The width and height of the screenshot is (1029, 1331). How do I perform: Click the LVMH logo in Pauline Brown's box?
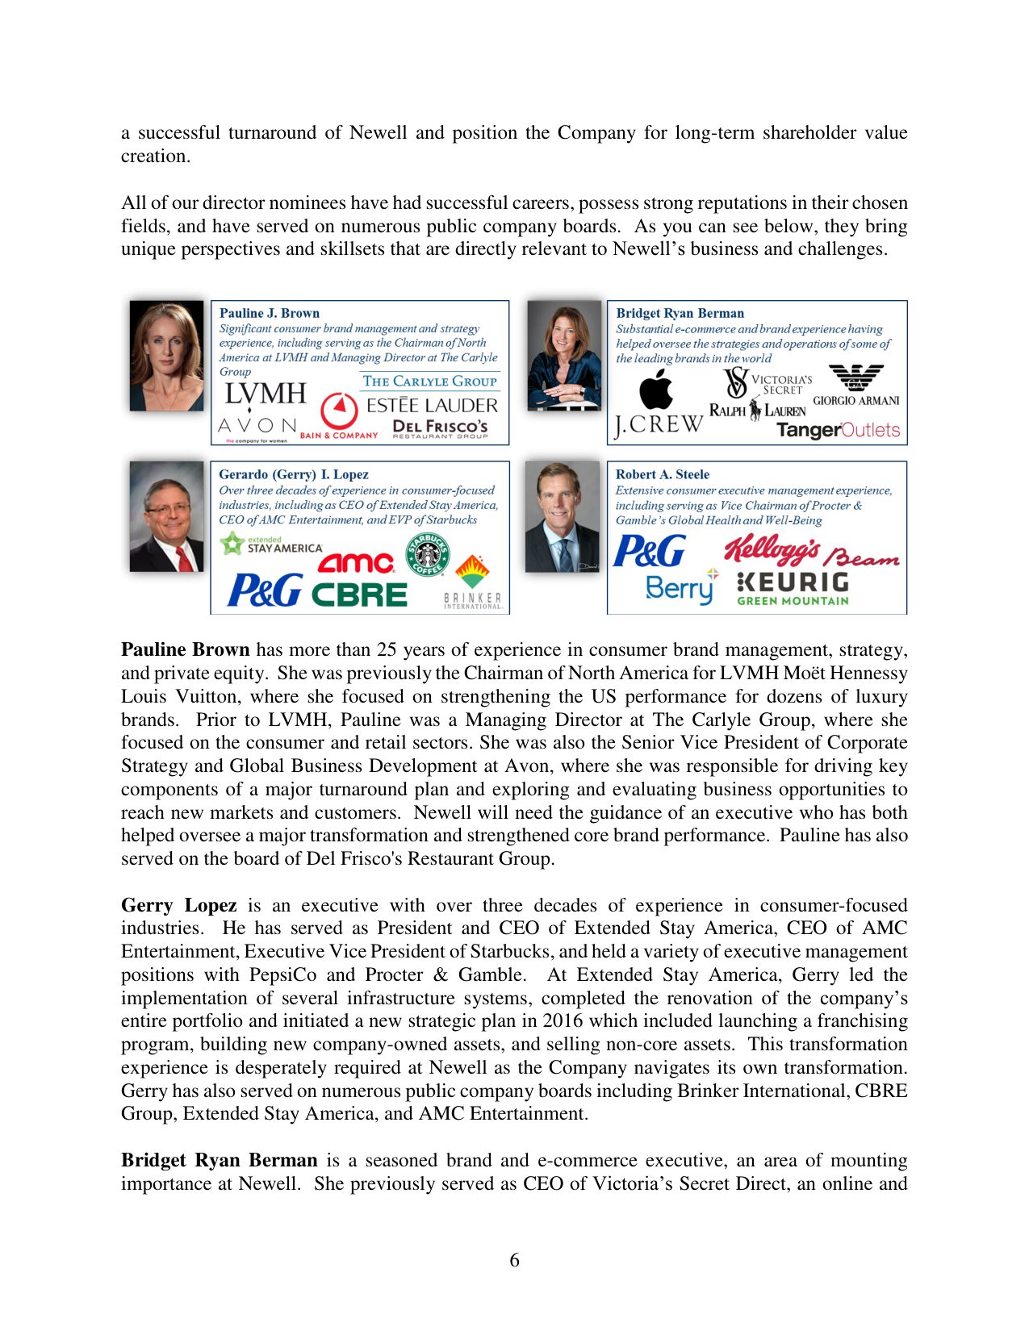[266, 394]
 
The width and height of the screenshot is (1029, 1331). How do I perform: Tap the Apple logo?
[656, 390]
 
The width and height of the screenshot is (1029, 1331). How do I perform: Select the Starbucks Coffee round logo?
[428, 553]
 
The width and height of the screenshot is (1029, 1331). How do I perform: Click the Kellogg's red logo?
[772, 549]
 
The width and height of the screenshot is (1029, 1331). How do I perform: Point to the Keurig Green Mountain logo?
[793, 588]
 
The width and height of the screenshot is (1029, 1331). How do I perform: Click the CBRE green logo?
[360, 595]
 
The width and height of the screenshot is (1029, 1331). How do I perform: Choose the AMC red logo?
[356, 561]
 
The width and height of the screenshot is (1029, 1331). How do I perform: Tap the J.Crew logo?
[659, 424]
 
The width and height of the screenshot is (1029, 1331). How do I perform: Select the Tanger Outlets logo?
[838, 430]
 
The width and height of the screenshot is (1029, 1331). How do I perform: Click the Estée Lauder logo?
[432, 405]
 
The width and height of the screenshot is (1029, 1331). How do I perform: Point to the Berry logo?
[680, 588]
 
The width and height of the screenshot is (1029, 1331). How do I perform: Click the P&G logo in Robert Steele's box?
[649, 552]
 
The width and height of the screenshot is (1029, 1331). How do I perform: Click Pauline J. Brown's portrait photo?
[167, 356]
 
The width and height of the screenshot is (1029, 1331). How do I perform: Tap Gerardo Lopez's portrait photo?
[167, 516]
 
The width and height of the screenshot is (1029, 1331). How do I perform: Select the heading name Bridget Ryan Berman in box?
[680, 313]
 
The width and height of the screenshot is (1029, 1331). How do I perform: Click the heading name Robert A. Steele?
[662, 474]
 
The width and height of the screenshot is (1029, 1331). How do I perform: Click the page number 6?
[514, 1260]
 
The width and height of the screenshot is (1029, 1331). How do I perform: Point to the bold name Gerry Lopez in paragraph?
[178, 905]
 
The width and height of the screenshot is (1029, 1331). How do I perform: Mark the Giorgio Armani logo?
[855, 385]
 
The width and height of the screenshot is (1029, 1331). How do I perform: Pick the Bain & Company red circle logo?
[339, 411]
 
